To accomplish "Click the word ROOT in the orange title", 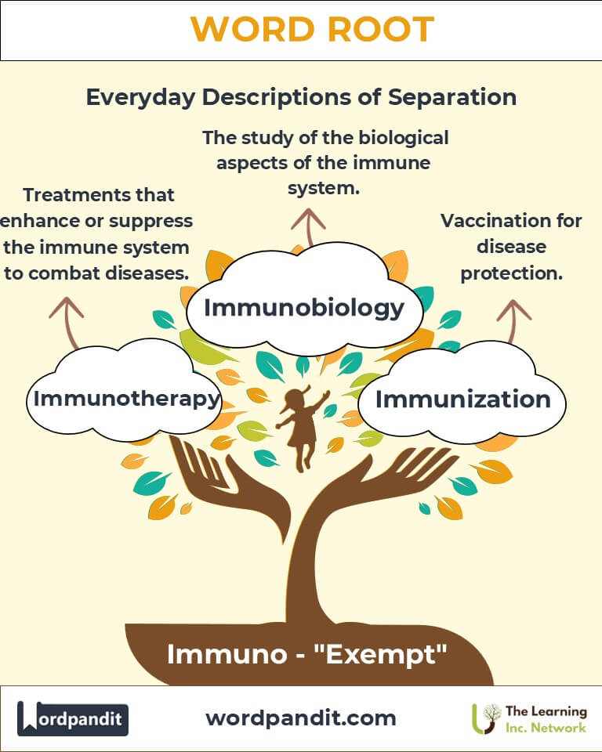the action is [381, 29].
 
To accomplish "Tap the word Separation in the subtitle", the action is [452, 97].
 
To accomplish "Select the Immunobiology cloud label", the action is [304, 308].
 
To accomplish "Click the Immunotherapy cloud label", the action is [126, 399].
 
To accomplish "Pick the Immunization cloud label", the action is [462, 399].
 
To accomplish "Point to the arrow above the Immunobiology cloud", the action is [309, 227].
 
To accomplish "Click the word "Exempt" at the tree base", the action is [380, 654].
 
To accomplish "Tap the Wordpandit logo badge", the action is [73, 718].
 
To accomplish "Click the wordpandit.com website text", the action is [301, 718].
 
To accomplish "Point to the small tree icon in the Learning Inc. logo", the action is [485, 718].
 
